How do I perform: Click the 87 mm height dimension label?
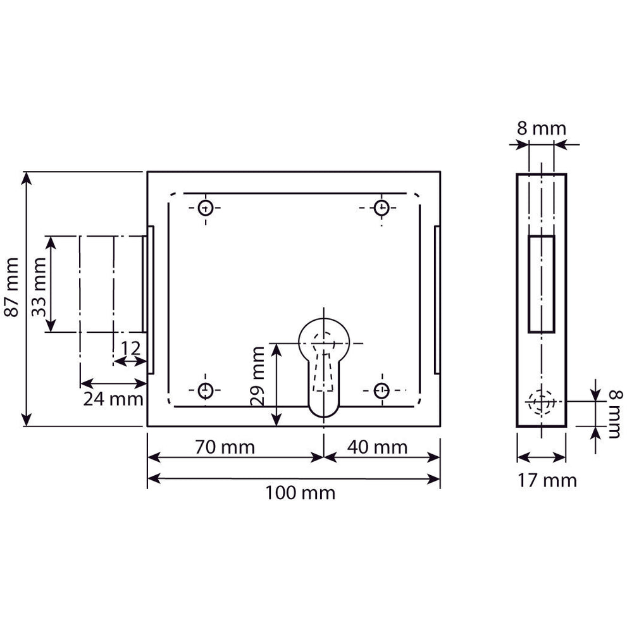click(x=12, y=287)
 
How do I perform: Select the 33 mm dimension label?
click(x=39, y=287)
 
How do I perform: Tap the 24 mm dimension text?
click(x=113, y=399)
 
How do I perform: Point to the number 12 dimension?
click(x=130, y=348)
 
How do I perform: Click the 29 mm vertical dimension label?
click(x=257, y=376)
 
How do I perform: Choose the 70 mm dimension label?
click(x=225, y=447)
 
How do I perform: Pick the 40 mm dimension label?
click(x=377, y=447)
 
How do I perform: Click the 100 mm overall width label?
click(x=301, y=493)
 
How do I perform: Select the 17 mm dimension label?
click(x=547, y=480)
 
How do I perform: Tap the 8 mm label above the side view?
click(x=542, y=129)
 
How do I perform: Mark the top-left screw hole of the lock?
click(x=206, y=208)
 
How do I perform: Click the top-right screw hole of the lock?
click(x=382, y=208)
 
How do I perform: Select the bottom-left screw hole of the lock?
click(x=206, y=390)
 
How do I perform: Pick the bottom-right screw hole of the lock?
click(x=382, y=390)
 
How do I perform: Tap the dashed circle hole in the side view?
click(x=542, y=402)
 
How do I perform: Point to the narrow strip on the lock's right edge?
click(x=437, y=300)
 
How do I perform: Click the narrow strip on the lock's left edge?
click(x=151, y=300)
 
